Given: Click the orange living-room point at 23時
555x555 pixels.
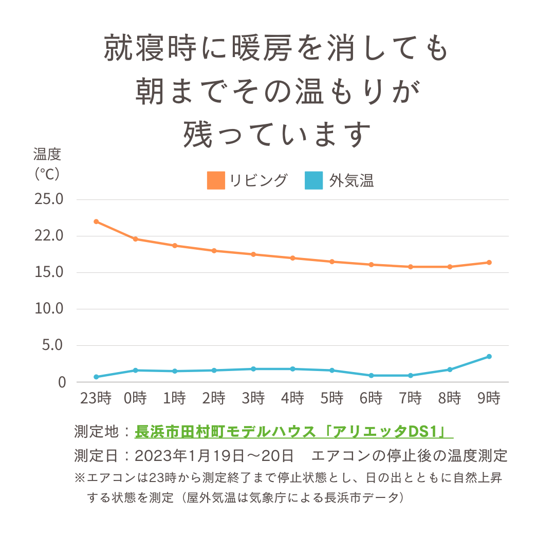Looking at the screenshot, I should pyautogui.click(x=96, y=221).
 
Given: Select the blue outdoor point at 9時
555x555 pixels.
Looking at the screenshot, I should pyautogui.click(x=489, y=357).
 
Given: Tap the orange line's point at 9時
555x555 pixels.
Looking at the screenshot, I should pyautogui.click(x=489, y=263).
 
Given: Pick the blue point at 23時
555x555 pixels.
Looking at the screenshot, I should pyautogui.click(x=96, y=377).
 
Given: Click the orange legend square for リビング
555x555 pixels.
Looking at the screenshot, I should pyautogui.click(x=216, y=180).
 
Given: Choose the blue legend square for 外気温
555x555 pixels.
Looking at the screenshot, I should pyautogui.click(x=313, y=180).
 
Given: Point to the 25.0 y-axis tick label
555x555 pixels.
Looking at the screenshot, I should pyautogui.click(x=48, y=199).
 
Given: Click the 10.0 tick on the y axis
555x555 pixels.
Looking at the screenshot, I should pyautogui.click(x=48, y=309).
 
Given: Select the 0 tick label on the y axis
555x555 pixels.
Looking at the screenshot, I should pyautogui.click(x=62, y=382).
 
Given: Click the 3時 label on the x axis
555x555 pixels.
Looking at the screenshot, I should pyautogui.click(x=253, y=398).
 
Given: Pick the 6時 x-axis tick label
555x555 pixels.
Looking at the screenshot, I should pyautogui.click(x=371, y=398).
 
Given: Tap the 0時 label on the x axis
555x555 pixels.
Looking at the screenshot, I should pyautogui.click(x=135, y=398).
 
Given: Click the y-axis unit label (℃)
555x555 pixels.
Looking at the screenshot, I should pyautogui.click(x=47, y=174).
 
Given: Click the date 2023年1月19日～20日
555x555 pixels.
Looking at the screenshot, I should pyautogui.click(x=214, y=455).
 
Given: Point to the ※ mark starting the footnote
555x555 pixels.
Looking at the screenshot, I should pyautogui.click(x=79, y=478).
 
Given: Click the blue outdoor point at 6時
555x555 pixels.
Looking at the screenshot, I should pyautogui.click(x=371, y=376).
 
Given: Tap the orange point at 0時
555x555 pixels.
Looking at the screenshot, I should pyautogui.click(x=135, y=239).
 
